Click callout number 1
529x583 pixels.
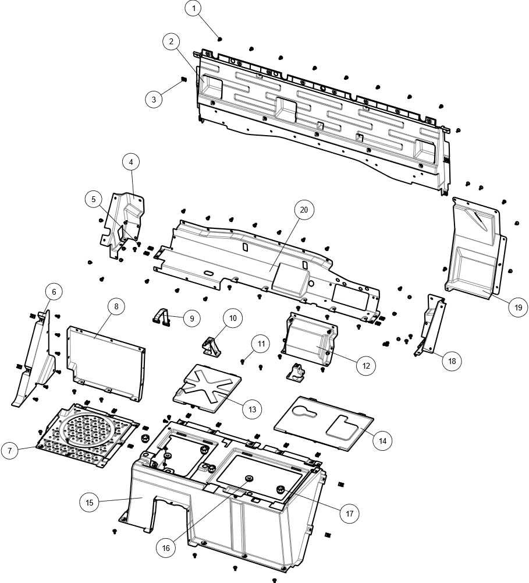point(193,9)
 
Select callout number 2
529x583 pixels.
point(171,41)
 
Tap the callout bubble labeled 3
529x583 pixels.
point(154,100)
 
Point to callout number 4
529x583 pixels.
point(131,162)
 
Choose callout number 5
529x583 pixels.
point(93,199)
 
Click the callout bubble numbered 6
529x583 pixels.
point(54,291)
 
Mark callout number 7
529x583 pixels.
point(9,450)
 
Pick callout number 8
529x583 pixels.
point(116,306)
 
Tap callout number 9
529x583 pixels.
point(191,319)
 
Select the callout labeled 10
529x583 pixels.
point(233,318)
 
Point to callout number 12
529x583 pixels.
point(366,366)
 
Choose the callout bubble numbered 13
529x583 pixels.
point(252,409)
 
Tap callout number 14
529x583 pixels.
point(382,441)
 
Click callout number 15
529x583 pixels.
point(89,502)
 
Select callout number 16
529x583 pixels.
point(166,547)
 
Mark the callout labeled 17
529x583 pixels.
point(349,514)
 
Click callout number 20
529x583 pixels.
point(304,210)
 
